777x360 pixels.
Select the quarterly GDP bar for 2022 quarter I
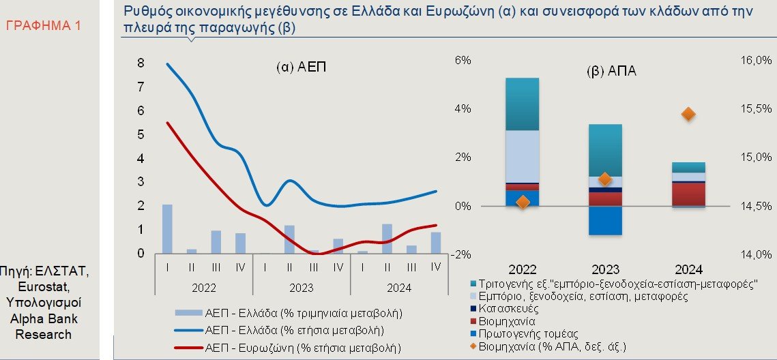point(167,228)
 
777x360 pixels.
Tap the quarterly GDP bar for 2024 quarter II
point(387,238)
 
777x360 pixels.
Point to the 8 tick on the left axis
point(141,63)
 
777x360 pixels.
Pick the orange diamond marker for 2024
point(688,114)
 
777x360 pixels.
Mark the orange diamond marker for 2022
point(523,202)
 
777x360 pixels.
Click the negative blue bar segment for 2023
point(605,220)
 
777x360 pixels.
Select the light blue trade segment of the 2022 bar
point(523,156)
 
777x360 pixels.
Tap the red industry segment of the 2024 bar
point(688,194)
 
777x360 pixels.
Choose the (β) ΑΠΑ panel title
point(611,71)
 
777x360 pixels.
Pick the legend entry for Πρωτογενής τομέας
point(528,333)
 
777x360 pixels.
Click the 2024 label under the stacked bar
point(688,269)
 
